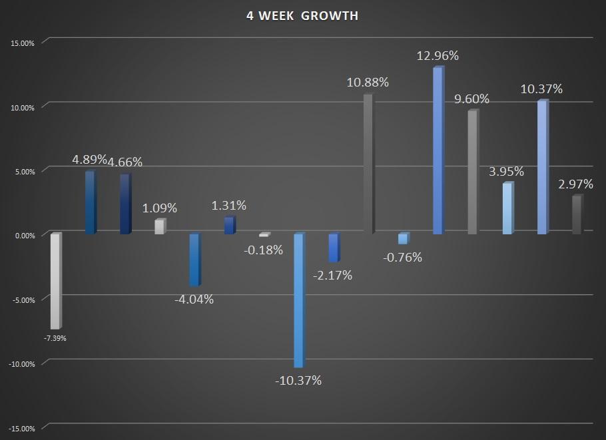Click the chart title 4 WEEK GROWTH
click(302, 16)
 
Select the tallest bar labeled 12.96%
click(439, 150)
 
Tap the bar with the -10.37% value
click(300, 300)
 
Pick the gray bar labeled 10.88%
click(369, 164)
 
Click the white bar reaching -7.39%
click(56, 281)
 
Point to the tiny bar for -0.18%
click(265, 234)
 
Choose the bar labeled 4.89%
click(91, 202)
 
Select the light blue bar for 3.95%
click(508, 208)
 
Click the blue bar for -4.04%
click(195, 260)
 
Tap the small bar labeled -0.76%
click(404, 238)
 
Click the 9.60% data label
click(471, 99)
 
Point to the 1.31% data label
click(229, 205)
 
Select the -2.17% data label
click(332, 275)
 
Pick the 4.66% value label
click(125, 162)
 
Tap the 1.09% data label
click(160, 208)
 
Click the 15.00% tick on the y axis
click(23, 43)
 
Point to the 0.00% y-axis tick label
click(25, 236)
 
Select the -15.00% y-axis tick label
click(21, 429)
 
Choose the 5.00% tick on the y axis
click(25, 172)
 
